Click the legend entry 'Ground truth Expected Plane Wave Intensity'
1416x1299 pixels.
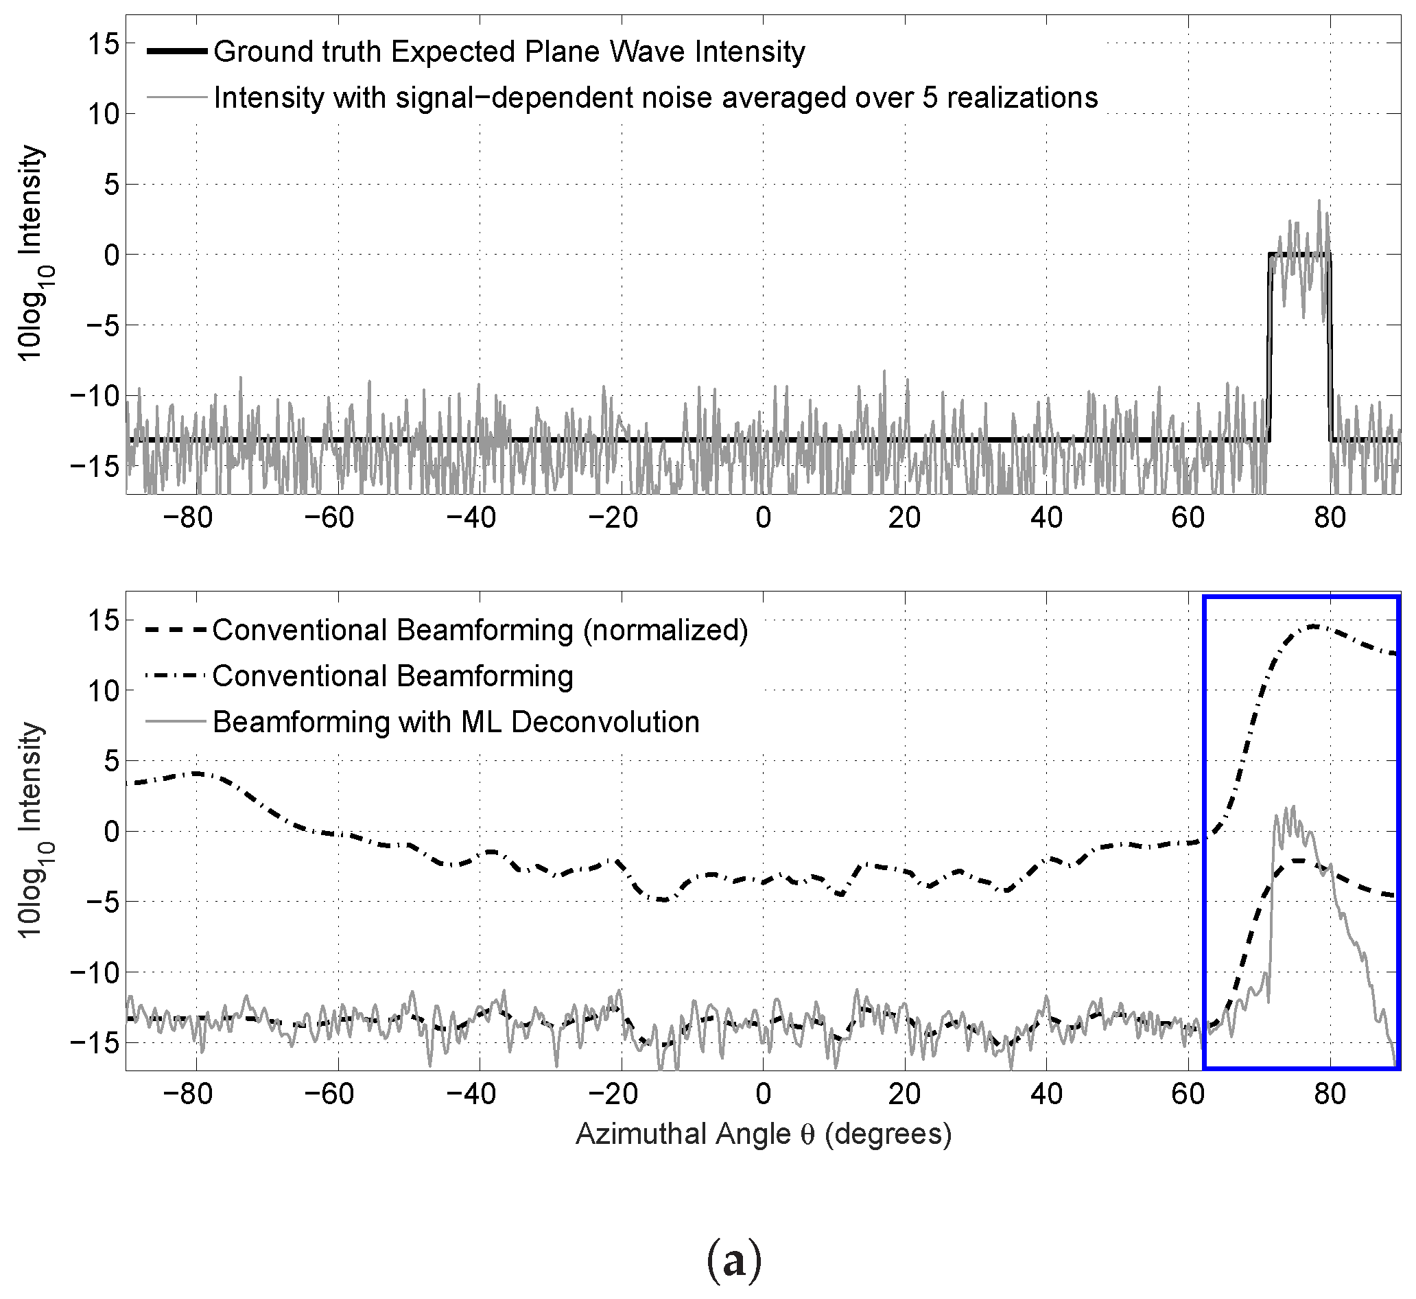click(509, 52)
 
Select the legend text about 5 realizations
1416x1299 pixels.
click(655, 97)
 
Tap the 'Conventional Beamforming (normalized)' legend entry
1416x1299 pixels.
click(480, 631)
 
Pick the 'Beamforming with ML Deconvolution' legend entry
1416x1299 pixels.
click(456, 723)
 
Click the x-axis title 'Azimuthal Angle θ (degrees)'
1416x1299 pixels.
click(763, 1134)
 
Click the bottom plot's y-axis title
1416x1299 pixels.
click(31, 830)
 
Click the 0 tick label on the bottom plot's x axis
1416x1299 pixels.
click(763, 1095)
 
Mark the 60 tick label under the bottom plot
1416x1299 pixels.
click(1188, 1095)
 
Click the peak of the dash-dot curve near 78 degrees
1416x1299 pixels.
click(1312, 626)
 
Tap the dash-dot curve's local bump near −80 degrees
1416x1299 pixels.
click(197, 773)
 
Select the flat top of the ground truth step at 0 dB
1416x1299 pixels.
click(1299, 254)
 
